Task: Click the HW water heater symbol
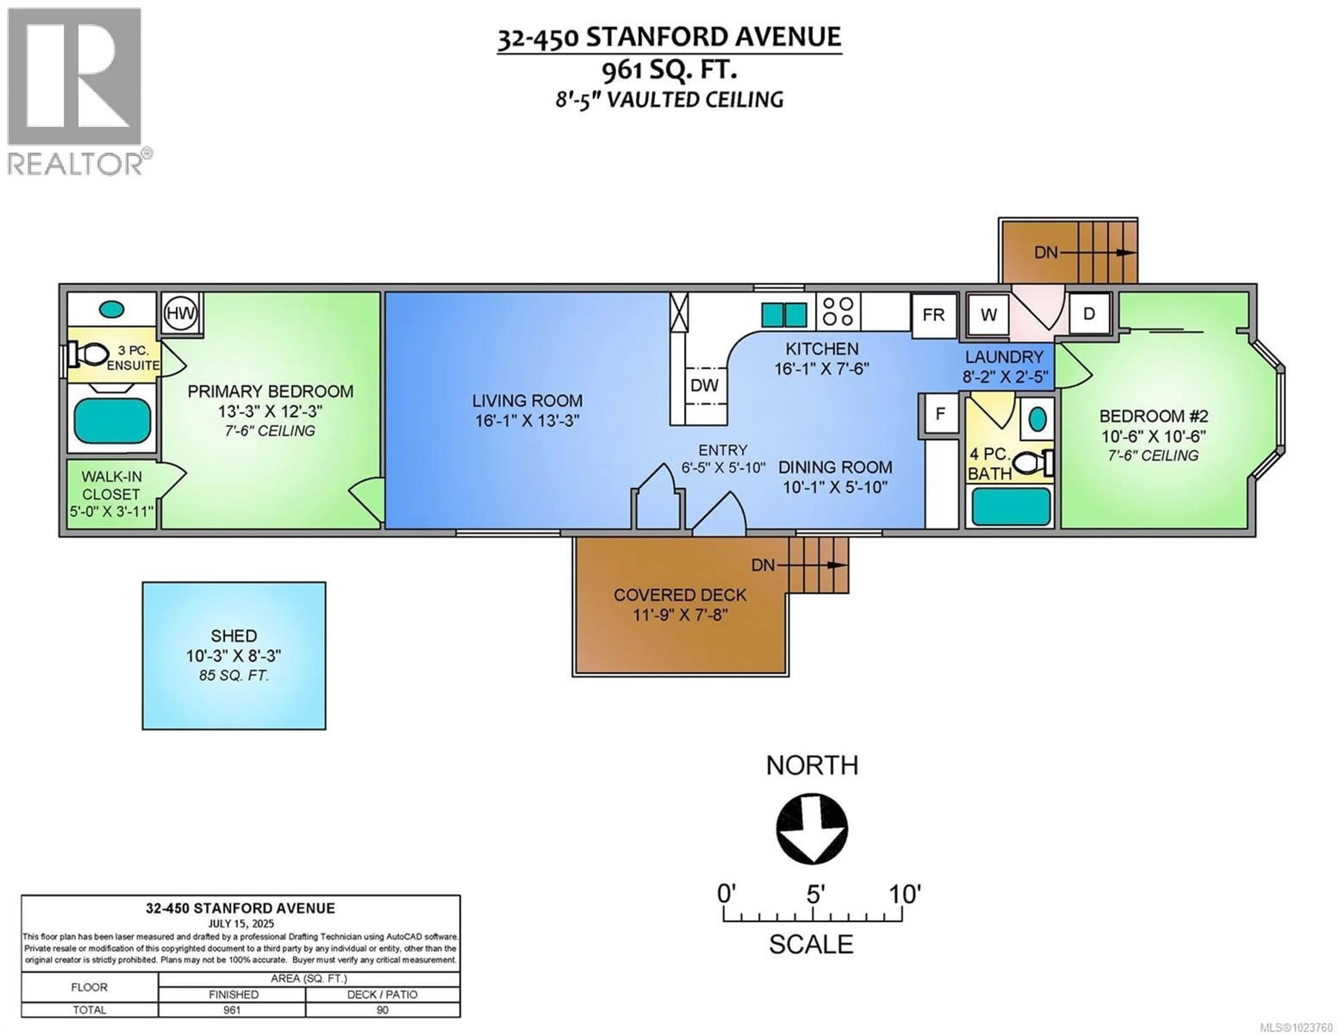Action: (181, 313)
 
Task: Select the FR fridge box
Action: (934, 315)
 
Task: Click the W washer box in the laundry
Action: (988, 315)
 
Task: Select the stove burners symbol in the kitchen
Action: (838, 311)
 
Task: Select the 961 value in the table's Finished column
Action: (232, 1010)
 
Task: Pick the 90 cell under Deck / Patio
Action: (382, 1010)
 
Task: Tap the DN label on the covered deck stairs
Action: (763, 565)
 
